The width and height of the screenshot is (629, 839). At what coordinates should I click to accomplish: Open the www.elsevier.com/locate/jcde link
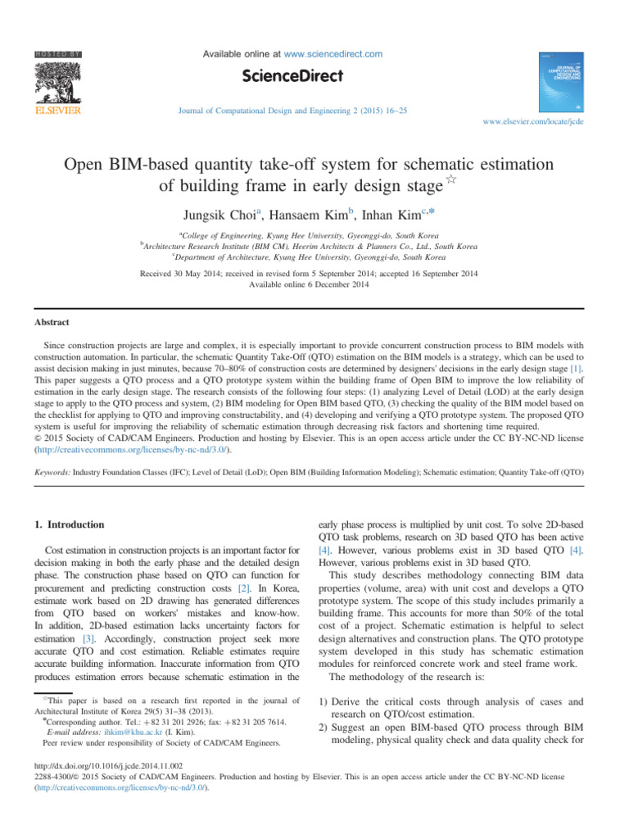click(533, 121)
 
